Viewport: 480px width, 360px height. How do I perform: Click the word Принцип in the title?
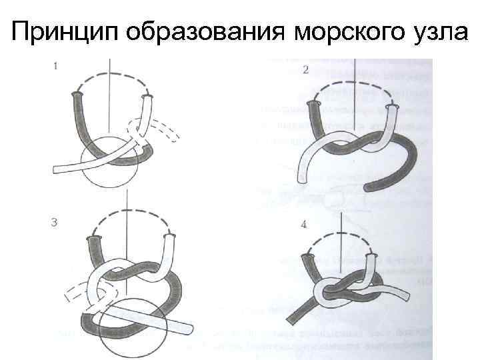65,32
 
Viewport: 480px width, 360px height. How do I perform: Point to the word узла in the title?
439,33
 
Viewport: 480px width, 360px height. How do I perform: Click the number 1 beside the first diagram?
55,66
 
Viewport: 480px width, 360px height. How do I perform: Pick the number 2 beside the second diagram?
305,70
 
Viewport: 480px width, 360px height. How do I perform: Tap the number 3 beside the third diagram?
54,222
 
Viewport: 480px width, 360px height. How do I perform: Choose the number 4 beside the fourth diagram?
303,225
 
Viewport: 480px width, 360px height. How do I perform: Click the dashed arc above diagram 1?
113,73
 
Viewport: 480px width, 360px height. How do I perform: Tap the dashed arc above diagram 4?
341,234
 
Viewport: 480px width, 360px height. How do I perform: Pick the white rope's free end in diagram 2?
303,179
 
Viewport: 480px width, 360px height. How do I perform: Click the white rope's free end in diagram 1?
56,169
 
